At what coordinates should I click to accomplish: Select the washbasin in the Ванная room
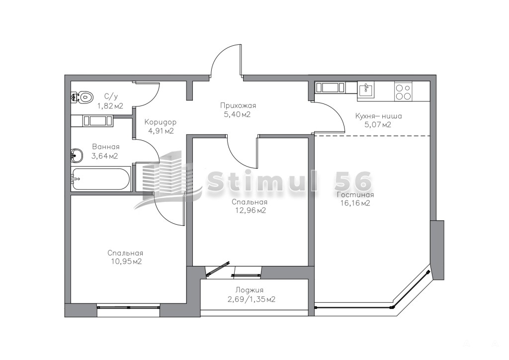(x=77, y=156)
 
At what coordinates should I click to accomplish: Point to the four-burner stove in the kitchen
(x=403, y=91)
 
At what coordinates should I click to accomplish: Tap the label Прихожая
(x=238, y=105)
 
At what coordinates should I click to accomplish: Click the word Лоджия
(x=250, y=290)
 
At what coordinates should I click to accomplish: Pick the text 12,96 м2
(x=251, y=211)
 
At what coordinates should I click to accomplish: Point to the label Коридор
(x=161, y=123)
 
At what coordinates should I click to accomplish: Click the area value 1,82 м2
(x=110, y=106)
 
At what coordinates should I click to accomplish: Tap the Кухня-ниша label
(x=378, y=116)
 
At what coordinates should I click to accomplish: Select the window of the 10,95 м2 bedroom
(x=129, y=306)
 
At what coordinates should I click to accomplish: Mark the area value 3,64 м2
(x=104, y=156)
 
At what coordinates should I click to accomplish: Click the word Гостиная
(x=355, y=195)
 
